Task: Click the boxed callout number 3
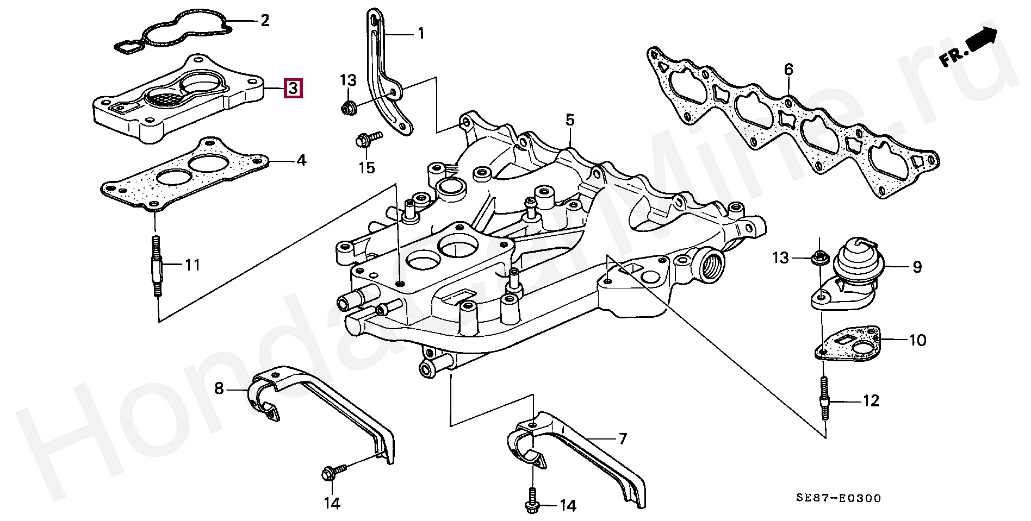click(x=293, y=88)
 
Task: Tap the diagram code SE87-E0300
click(x=839, y=498)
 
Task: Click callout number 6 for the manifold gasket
click(x=788, y=70)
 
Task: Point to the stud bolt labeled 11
click(x=156, y=266)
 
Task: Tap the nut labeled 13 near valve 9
click(x=817, y=259)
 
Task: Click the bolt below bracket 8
click(x=333, y=471)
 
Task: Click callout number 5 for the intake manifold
click(x=569, y=120)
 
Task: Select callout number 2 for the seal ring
click(x=265, y=21)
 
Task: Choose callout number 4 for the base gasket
click(x=300, y=161)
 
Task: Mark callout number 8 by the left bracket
click(x=219, y=388)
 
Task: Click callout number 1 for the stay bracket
click(x=420, y=33)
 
